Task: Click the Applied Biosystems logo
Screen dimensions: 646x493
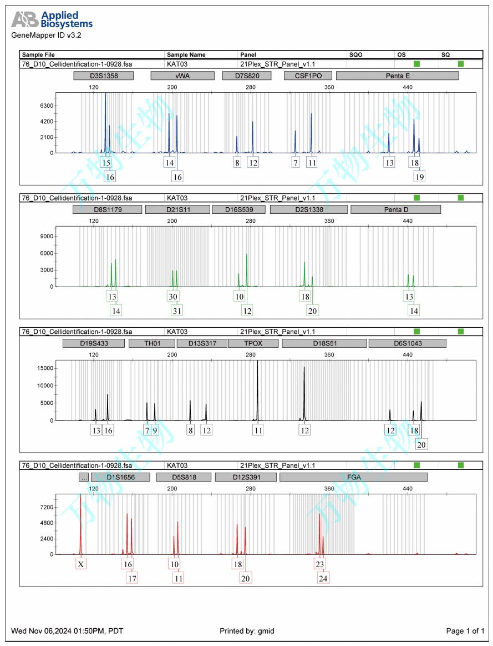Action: point(52,20)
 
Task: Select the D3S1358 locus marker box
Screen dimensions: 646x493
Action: point(103,76)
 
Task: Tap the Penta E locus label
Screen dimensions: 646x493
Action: point(397,76)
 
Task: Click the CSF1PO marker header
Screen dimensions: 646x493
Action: point(303,76)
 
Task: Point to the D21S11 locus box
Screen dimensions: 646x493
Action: point(177,209)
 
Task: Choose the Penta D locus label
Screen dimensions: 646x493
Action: point(395,209)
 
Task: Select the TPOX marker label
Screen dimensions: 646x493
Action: point(253,343)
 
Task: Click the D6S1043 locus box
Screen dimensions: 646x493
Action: point(407,343)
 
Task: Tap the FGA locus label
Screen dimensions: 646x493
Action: point(353,477)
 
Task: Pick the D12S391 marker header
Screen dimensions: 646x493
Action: point(245,477)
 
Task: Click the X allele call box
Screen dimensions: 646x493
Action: point(81,564)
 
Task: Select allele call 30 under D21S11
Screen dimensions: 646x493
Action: point(173,297)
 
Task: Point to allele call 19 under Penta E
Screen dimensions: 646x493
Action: point(419,176)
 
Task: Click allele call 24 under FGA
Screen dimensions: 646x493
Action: point(323,578)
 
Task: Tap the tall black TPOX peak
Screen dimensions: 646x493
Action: point(257,389)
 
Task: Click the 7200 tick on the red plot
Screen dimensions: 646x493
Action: point(47,508)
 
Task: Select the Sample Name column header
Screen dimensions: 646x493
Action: point(186,55)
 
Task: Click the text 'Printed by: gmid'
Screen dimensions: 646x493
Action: point(247,631)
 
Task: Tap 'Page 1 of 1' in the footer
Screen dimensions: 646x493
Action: point(465,631)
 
